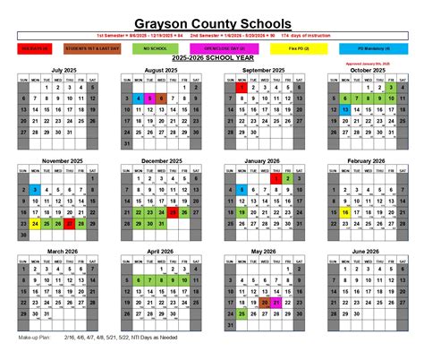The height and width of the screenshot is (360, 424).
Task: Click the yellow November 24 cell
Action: click(x=34, y=224)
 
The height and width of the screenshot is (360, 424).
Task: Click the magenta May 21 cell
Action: click(x=276, y=304)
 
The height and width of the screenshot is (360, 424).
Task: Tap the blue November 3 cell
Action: click(x=34, y=190)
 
